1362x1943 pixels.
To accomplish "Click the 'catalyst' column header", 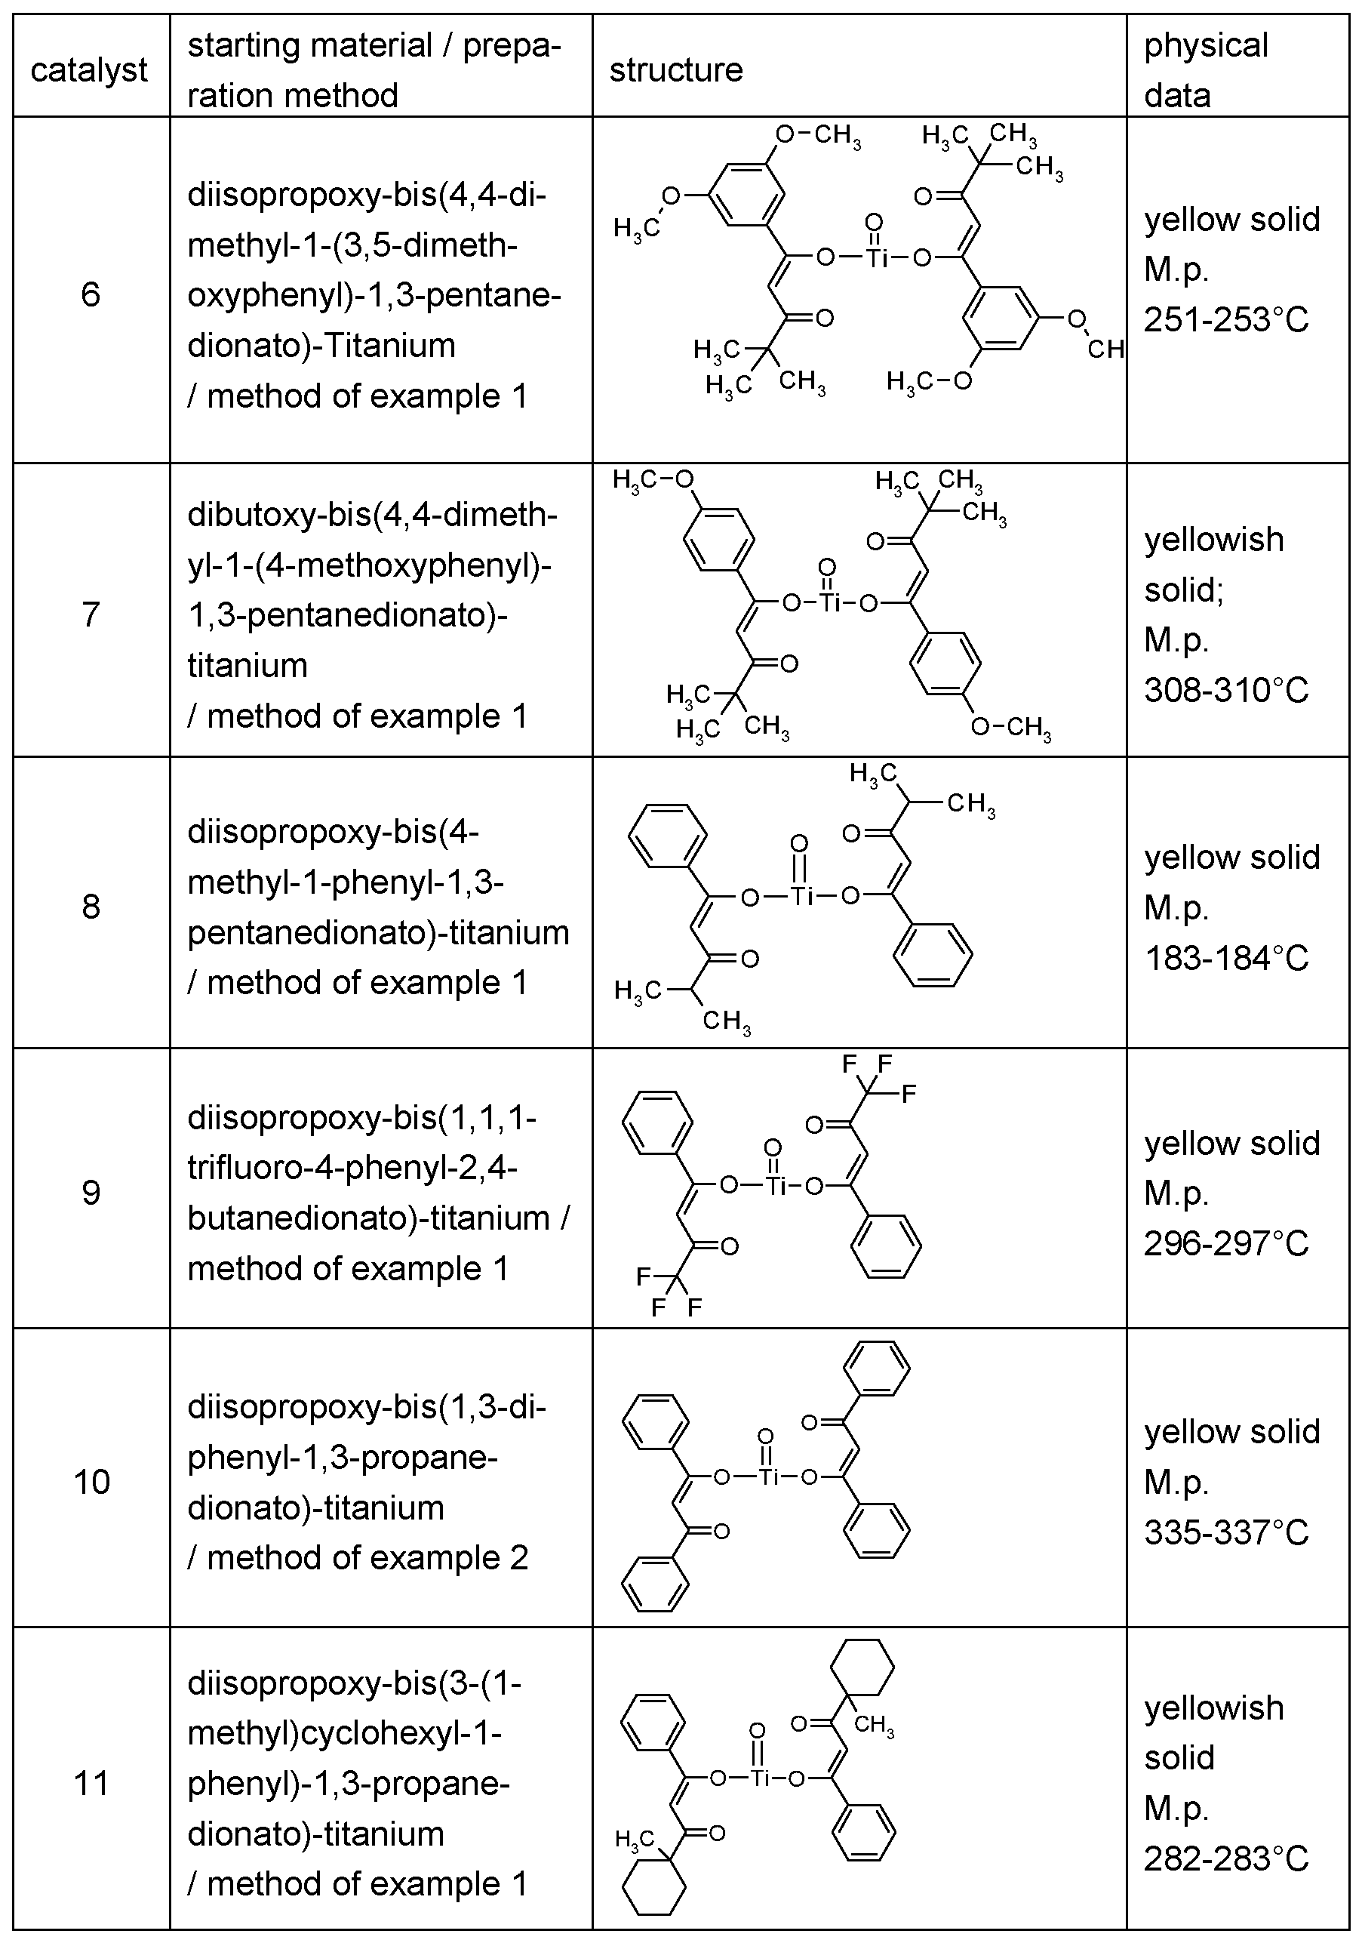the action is pos(89,69).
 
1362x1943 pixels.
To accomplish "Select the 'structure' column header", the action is pos(675,69).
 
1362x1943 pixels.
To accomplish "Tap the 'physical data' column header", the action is pos(1206,69).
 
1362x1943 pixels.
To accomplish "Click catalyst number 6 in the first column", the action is pos(91,294).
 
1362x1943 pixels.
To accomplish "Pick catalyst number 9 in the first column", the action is pos(91,1193).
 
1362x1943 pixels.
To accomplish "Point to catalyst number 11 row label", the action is pos(91,1784).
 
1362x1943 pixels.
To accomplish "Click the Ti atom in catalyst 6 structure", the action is pos(876,257).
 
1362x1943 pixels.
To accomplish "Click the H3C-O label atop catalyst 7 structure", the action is pos(652,481).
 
